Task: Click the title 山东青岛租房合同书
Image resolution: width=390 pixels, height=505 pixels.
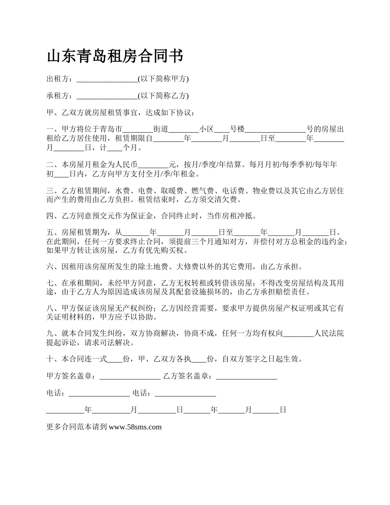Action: pos(115,56)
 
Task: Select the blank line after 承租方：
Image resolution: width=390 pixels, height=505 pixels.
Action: pos(107,96)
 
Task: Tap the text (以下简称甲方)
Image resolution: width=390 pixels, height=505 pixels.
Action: pos(163,79)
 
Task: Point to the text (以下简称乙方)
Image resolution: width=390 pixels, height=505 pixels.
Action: pos(163,96)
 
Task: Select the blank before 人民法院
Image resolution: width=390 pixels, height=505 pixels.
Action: pos(298,334)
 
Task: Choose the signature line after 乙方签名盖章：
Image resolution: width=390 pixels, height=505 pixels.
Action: pos(246,376)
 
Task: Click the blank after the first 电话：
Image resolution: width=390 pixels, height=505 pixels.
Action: pos(99,394)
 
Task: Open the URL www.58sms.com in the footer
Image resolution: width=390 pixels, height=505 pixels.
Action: pos(135,427)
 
